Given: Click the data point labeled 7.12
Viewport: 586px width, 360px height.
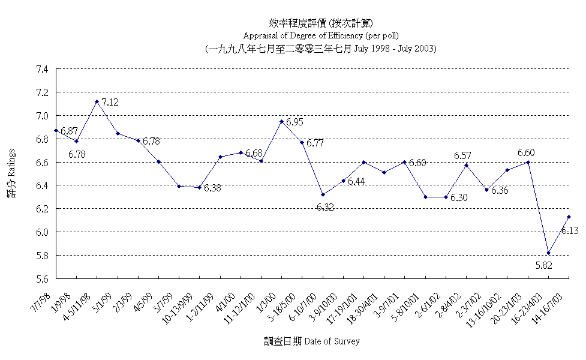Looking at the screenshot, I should pos(97,101).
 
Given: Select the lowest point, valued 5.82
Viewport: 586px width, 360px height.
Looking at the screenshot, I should pos(549,253).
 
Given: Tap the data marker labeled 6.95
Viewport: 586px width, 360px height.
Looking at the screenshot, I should pos(281,121).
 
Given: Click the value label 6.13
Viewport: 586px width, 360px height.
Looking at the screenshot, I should pos(570,230).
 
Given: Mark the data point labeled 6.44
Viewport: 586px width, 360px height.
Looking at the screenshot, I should pos(343,181).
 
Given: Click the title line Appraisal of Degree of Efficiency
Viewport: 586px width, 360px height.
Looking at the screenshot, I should pos(320,35).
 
